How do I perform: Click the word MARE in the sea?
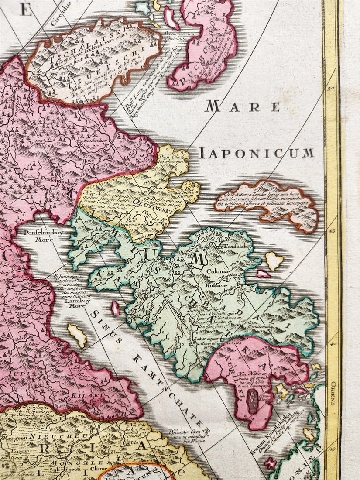point(243,106)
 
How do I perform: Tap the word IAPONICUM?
point(257,153)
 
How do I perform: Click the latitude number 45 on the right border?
point(330,231)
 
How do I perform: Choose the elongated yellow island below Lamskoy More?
point(76,335)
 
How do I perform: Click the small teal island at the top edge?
point(142,7)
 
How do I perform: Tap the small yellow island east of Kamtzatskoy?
point(274,261)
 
